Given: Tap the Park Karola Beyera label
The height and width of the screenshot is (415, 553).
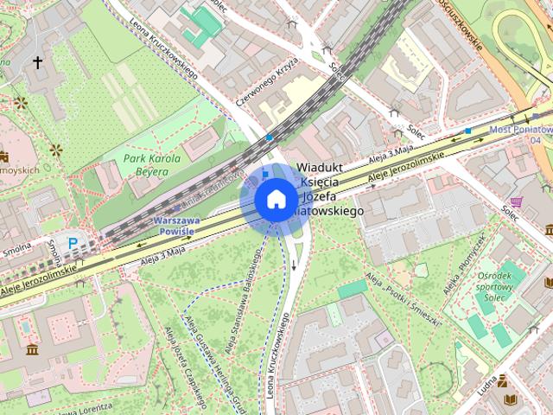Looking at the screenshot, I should coord(152,165).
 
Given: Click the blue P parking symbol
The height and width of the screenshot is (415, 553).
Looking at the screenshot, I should coord(73,244).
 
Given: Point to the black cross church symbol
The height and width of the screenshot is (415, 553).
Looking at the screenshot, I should coord(37,62).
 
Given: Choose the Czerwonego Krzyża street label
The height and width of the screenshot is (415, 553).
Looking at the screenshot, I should coord(268,82).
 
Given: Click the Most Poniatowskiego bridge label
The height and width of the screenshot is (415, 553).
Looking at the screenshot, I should coord(519,130).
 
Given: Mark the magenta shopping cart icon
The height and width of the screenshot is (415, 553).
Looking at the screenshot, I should coord(517,201).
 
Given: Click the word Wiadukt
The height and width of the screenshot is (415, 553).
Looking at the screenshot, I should coord(321,166).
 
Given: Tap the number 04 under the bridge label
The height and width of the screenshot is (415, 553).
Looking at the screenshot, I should coord(536,140).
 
